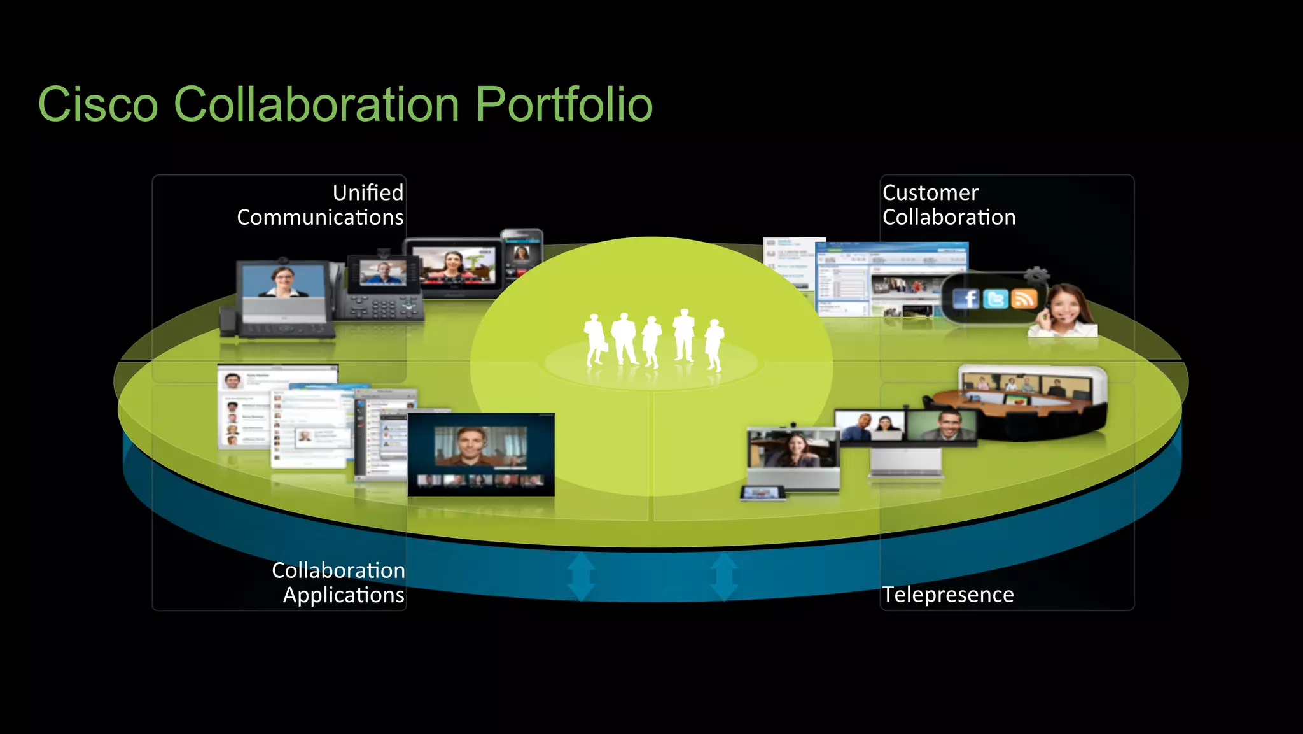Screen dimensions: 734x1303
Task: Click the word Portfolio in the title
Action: pos(564,104)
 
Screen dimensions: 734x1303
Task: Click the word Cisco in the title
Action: pos(97,104)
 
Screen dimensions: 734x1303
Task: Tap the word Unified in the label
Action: pos(368,192)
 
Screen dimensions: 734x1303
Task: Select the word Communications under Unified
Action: pos(320,217)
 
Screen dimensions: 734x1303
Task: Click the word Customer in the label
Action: pos(930,192)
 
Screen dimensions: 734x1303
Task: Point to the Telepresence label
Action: pos(947,594)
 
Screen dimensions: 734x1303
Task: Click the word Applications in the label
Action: pos(344,595)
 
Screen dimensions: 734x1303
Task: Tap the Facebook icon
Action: pos(966,299)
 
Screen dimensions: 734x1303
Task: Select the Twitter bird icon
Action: pos(995,299)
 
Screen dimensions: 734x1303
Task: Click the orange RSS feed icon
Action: pos(1024,298)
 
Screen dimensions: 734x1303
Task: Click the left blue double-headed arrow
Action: pos(581,576)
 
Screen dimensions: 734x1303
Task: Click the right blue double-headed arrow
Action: pos(724,576)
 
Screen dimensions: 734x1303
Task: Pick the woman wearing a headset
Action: pos(1064,310)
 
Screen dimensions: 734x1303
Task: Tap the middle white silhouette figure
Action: pos(651,341)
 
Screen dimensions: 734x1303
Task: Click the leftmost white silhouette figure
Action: pos(595,339)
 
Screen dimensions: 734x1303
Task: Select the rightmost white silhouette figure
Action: pos(714,344)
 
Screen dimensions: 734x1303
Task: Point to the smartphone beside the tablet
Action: pos(522,258)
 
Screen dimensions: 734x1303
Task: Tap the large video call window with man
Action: pos(480,453)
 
